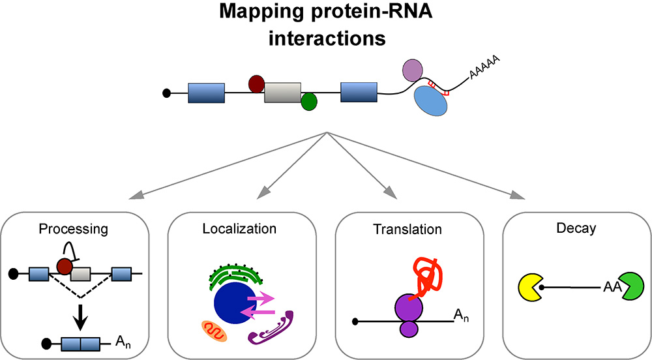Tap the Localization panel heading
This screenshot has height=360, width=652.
(239, 229)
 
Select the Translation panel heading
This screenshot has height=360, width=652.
(407, 230)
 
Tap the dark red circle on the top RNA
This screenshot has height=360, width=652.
(257, 83)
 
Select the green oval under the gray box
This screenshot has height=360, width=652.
(308, 101)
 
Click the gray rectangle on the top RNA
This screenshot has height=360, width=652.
(282, 93)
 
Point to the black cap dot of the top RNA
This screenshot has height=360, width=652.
(166, 93)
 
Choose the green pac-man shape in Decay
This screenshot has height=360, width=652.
(624, 285)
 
